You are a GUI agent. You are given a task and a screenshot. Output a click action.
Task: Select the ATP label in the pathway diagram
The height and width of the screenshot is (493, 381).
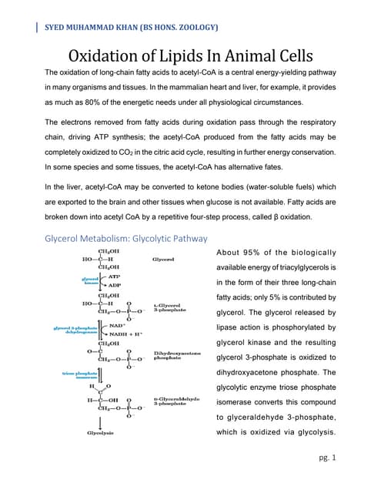click(x=115, y=276)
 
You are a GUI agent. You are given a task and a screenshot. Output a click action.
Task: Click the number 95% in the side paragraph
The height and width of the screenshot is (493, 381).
click(x=266, y=253)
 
